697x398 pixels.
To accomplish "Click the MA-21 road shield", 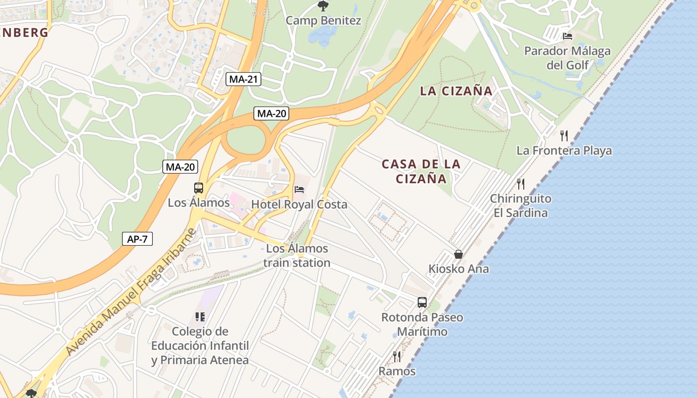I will click(x=243, y=79).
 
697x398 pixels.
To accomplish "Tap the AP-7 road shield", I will click(x=137, y=239).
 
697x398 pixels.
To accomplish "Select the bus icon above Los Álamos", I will click(x=199, y=188).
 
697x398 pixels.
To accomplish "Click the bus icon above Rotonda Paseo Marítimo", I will click(x=422, y=302).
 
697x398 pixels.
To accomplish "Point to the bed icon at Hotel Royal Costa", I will click(x=299, y=190).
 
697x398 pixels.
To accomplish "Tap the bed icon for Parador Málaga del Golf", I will click(x=567, y=36).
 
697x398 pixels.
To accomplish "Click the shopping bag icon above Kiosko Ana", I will click(x=459, y=254).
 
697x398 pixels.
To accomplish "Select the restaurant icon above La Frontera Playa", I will click(x=564, y=135).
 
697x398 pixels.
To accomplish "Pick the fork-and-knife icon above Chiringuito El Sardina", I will click(x=521, y=184).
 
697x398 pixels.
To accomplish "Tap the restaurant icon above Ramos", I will click(x=397, y=356).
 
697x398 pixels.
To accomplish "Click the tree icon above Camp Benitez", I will click(x=323, y=6).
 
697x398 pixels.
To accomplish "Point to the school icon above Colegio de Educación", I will click(x=200, y=316).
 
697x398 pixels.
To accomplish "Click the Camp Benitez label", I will click(x=323, y=21).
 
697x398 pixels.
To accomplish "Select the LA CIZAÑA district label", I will click(x=456, y=91).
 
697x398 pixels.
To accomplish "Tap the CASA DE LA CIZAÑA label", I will click(x=421, y=171).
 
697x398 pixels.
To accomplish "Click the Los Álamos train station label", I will click(x=297, y=256).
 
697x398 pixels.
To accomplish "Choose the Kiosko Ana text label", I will click(x=459, y=269).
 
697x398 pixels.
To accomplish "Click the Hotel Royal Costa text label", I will click(x=299, y=204).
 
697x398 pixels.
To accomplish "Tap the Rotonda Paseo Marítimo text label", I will click(x=422, y=324).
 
